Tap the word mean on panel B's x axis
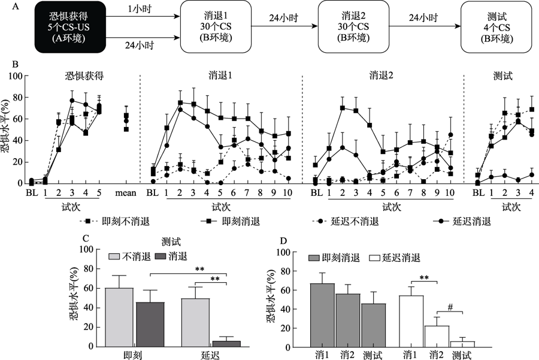[126, 192]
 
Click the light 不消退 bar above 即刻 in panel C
[120, 317]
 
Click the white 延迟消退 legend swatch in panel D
[374, 258]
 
